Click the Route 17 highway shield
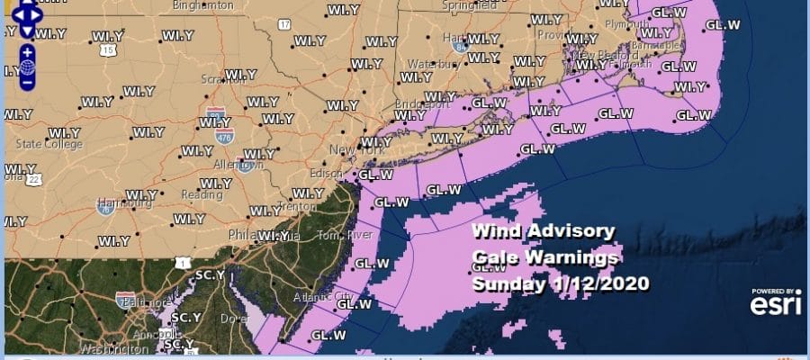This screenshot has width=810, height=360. click(285, 24)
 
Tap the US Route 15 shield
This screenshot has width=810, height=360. click(108, 51)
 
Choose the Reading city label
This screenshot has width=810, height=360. click(179, 194)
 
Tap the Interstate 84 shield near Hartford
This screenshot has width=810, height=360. click(460, 45)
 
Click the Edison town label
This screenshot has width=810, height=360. click(326, 172)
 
